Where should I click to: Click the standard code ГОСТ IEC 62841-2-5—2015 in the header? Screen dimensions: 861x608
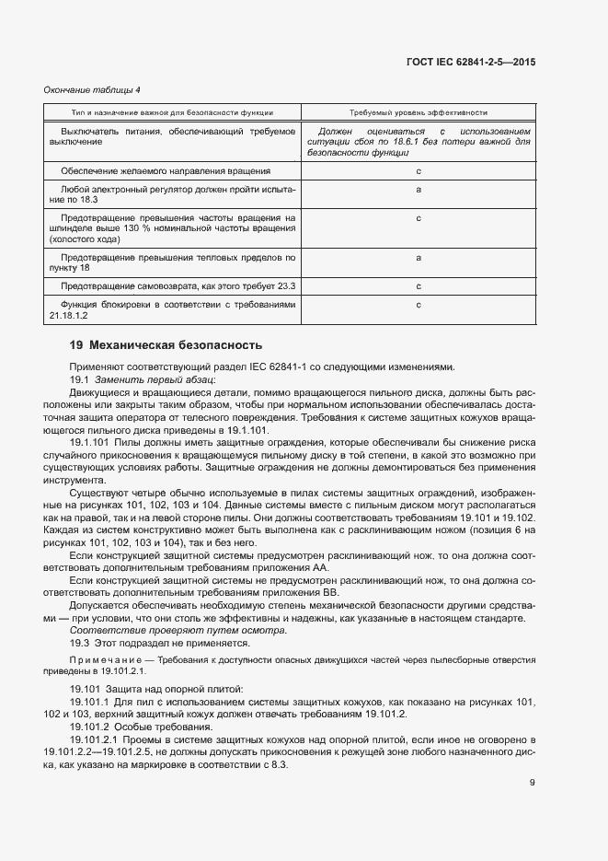click(x=470, y=61)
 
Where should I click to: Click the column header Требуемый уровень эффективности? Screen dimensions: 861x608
click(x=418, y=112)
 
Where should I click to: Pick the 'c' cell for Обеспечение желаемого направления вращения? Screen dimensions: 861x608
click(x=419, y=171)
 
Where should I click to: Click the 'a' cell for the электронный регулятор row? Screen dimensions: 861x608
click(x=419, y=189)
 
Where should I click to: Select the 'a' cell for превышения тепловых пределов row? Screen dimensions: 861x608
click(x=419, y=258)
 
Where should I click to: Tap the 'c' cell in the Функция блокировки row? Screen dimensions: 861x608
click(x=419, y=305)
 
